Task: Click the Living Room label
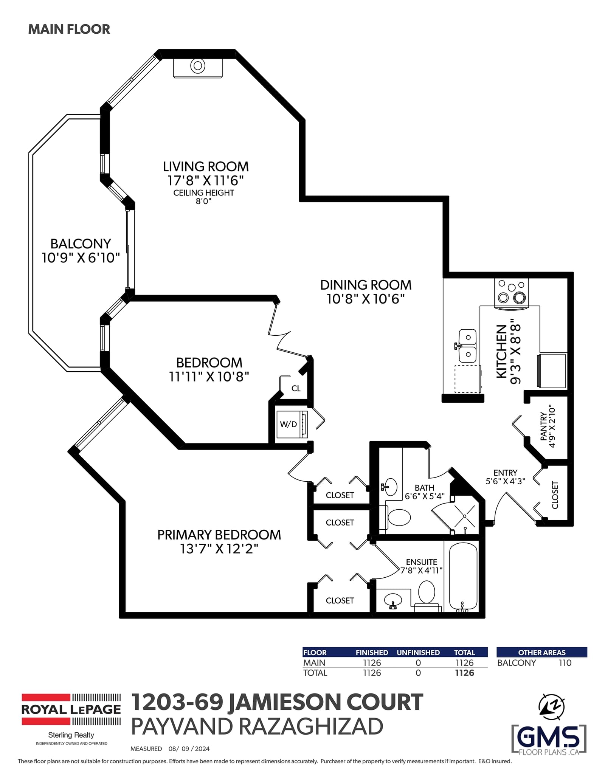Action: pyautogui.click(x=206, y=167)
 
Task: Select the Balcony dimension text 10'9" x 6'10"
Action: pyautogui.click(x=81, y=258)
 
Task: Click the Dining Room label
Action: pyautogui.click(x=366, y=285)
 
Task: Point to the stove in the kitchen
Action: pyautogui.click(x=511, y=292)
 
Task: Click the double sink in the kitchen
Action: pyautogui.click(x=468, y=346)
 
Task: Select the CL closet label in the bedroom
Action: pyautogui.click(x=296, y=388)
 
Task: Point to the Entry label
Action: pyautogui.click(x=505, y=473)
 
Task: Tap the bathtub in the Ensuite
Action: pyautogui.click(x=463, y=577)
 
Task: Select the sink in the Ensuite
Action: pyautogui.click(x=393, y=600)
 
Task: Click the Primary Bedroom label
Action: pyautogui.click(x=219, y=535)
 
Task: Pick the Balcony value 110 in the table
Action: pyautogui.click(x=565, y=663)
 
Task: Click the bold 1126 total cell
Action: pyautogui.click(x=464, y=673)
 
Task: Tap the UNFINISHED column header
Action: pyautogui.click(x=418, y=653)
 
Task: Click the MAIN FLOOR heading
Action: pyautogui.click(x=69, y=29)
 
